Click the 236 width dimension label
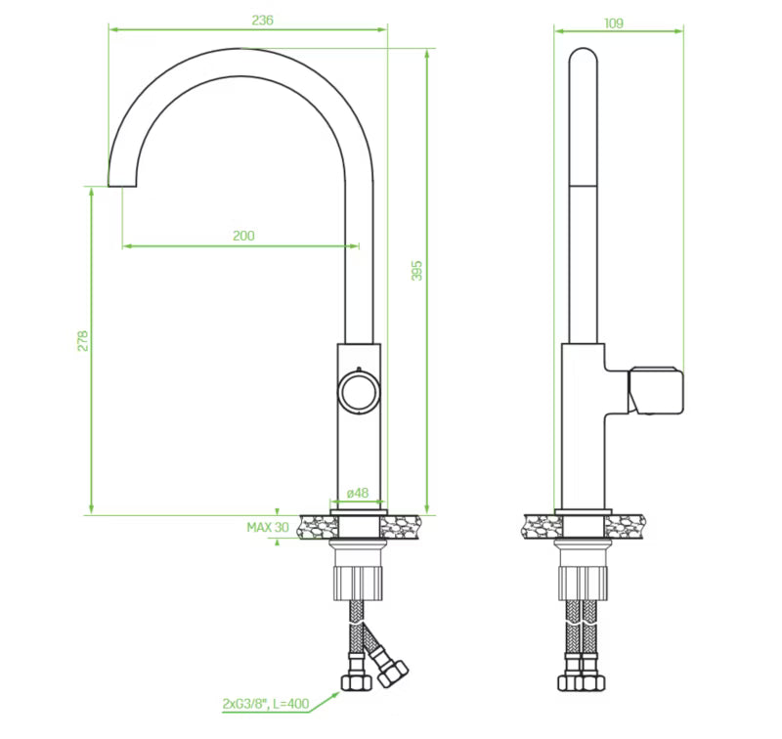pyautogui.click(x=262, y=20)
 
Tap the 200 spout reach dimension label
pyautogui.click(x=243, y=236)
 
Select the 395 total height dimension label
pyautogui.click(x=417, y=270)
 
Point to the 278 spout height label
pyautogui.click(x=83, y=340)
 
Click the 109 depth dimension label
pyautogui.click(x=614, y=22)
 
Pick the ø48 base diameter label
pyautogui.click(x=358, y=493)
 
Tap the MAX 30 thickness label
pyautogui.click(x=268, y=527)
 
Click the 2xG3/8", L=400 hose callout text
pyautogui.click(x=266, y=704)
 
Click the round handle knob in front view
pyautogui.click(x=359, y=392)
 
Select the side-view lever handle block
pyautogui.click(x=655, y=390)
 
